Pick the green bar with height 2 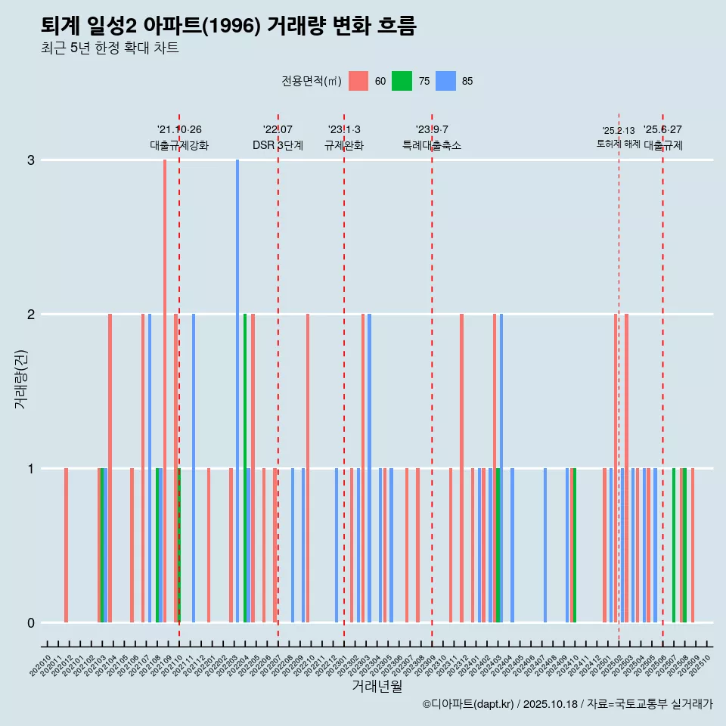click(245, 468)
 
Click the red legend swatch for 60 click(358, 81)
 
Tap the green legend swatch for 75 click(402, 81)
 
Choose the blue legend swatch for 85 click(446, 81)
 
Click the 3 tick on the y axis click(31, 160)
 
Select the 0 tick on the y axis click(31, 623)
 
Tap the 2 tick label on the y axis click(31, 315)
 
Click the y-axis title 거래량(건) click(20, 378)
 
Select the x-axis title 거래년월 click(377, 686)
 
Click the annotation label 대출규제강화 click(179, 145)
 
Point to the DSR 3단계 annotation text click(278, 145)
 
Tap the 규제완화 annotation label click(344, 145)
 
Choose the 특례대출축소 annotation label click(432, 145)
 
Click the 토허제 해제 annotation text click(618, 144)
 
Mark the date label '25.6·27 click(662, 129)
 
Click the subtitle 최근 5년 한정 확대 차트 click(110, 48)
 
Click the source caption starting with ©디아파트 click(567, 704)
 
